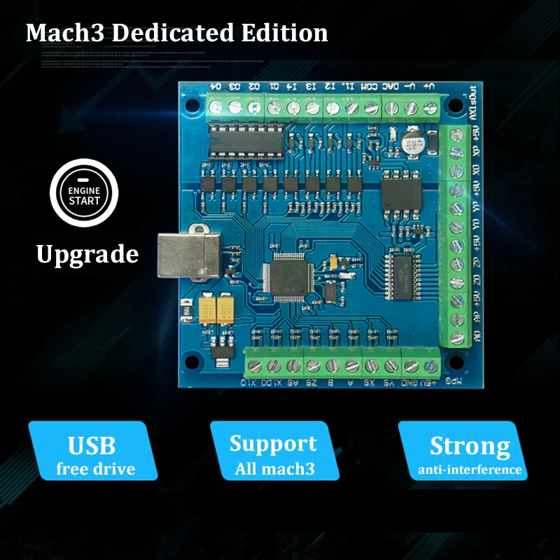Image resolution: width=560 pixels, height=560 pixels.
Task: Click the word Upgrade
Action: coord(87,253)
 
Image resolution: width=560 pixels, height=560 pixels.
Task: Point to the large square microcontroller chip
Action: coord(288,276)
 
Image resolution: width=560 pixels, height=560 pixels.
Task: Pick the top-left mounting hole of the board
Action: coord(189,106)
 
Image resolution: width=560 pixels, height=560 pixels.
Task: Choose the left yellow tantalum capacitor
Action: coord(208,310)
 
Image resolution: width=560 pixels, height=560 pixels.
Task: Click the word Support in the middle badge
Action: coord(272,443)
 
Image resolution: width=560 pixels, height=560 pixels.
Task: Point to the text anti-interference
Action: coord(470,470)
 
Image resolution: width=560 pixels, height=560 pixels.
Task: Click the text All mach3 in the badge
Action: coord(274,468)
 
